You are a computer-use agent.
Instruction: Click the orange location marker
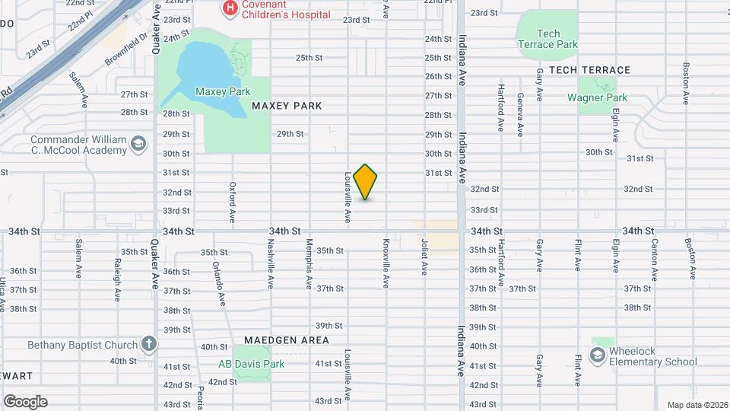pos(366,182)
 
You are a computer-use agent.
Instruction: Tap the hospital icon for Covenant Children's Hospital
pos(228,8)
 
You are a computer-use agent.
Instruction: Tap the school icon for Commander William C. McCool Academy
pos(138,144)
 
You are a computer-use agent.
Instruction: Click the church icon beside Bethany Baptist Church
pos(148,344)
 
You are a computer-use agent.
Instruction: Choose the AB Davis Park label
pos(251,364)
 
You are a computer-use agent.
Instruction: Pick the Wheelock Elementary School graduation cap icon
pos(598,355)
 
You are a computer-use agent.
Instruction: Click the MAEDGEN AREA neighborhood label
pos(287,339)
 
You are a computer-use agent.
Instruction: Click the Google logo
pos(25,402)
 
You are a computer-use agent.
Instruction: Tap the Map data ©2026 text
pos(696,405)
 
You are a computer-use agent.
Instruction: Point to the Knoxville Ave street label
pos(386,263)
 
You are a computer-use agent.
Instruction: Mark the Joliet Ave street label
pos(424,256)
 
